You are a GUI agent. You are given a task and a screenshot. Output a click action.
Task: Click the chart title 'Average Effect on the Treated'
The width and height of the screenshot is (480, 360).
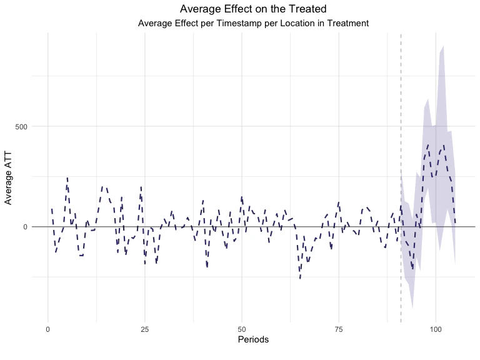[x=253, y=9]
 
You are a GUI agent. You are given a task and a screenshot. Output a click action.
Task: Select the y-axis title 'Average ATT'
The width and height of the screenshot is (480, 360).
[x=9, y=179]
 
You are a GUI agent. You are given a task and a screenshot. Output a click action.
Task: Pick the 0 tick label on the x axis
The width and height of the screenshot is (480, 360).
[x=48, y=328]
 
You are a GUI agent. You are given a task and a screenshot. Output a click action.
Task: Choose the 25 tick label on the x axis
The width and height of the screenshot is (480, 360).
[x=145, y=328]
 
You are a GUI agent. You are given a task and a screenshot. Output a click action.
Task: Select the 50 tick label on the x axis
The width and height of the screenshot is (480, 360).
[x=242, y=328]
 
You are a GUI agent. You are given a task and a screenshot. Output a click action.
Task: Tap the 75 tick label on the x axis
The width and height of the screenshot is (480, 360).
[x=339, y=328]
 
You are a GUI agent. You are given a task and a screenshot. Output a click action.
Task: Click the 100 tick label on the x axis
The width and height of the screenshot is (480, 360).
[x=436, y=328]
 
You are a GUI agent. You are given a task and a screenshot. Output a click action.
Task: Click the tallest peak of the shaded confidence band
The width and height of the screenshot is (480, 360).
[x=443, y=46]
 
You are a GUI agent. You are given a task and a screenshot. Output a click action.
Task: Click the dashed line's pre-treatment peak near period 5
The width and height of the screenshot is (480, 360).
[x=67, y=178]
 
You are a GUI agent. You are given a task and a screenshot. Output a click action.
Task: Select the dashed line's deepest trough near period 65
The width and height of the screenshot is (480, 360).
[x=300, y=277]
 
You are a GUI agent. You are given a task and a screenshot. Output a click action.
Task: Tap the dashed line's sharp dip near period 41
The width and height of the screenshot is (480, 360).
[x=207, y=267]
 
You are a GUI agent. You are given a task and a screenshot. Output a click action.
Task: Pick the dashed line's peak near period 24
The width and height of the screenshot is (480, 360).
[x=141, y=186]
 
